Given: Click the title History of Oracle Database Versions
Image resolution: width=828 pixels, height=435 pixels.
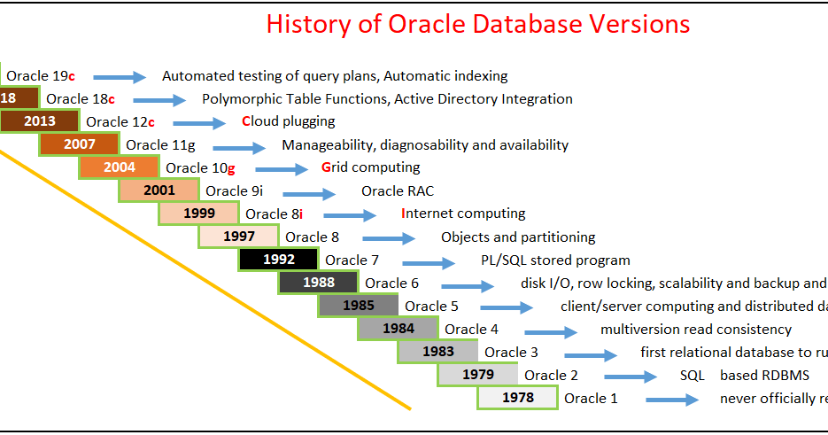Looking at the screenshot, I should click(478, 24).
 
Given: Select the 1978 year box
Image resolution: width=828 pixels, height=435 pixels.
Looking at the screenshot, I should click(518, 398).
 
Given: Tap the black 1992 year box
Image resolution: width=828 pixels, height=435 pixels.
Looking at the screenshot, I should click(278, 260).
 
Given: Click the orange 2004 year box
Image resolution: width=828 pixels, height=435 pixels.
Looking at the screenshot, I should click(120, 167).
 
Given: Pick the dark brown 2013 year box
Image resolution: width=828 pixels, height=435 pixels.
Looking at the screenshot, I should click(40, 121).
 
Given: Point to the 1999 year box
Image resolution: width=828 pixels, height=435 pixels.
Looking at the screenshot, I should click(199, 214).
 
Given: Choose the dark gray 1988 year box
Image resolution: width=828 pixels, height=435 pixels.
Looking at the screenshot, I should click(318, 283).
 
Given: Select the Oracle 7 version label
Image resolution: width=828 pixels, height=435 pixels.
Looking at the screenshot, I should click(352, 260).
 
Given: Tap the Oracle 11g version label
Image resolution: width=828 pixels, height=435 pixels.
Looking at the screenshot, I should click(159, 144).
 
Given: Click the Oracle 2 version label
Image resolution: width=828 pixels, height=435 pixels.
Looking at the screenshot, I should click(551, 375).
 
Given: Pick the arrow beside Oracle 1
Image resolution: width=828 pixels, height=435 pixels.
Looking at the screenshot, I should click(672, 400).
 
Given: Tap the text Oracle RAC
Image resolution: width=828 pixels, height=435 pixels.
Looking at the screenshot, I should click(398, 190).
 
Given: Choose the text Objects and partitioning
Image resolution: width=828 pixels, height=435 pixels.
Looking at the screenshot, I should click(518, 237).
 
